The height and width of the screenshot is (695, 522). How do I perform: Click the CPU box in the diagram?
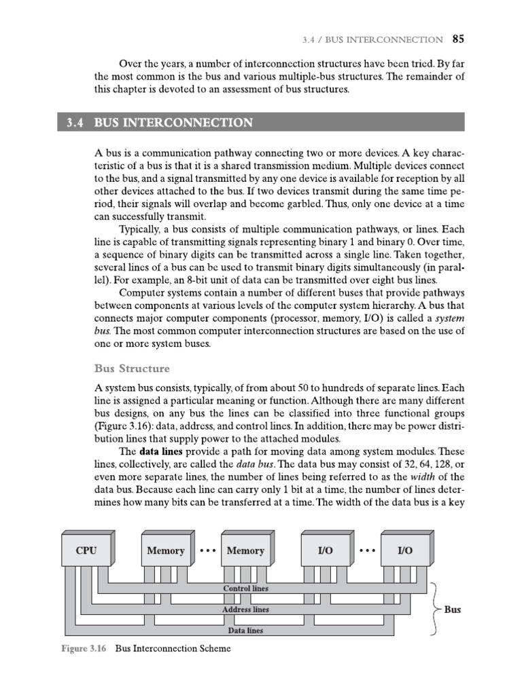tap(86, 550)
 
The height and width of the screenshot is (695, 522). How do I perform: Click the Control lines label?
tap(245, 588)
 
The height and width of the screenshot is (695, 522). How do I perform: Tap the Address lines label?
tap(245, 609)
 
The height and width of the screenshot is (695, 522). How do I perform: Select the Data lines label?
tap(245, 631)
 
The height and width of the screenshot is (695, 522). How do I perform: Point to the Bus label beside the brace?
tap(453, 609)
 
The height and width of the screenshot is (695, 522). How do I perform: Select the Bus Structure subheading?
tap(132, 369)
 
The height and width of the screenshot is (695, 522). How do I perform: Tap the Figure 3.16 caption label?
tap(85, 648)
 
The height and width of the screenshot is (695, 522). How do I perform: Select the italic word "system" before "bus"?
tap(449, 318)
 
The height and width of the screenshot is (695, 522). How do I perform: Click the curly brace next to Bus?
tap(432, 609)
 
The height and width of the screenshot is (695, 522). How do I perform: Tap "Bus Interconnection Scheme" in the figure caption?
tap(173, 648)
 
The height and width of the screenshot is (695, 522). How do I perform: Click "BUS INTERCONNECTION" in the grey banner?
tap(173, 123)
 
